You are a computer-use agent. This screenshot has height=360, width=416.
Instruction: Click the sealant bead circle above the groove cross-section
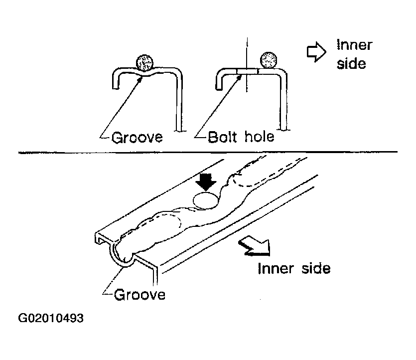click(144, 63)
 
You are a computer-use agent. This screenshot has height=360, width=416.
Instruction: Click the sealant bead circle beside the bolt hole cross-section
click(269, 60)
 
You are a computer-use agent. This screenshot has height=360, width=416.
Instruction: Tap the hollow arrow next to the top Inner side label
click(316, 52)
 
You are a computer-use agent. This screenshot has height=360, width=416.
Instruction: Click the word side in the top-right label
click(351, 63)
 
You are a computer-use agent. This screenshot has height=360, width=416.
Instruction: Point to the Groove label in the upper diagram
click(137, 137)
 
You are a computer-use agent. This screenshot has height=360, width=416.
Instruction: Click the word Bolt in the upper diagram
click(223, 137)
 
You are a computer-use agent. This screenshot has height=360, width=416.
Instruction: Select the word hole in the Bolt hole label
click(259, 137)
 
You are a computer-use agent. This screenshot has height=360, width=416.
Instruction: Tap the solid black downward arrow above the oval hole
click(206, 182)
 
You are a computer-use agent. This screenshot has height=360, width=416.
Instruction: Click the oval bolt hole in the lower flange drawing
click(206, 200)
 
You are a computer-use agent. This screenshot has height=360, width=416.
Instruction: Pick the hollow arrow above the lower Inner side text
click(255, 247)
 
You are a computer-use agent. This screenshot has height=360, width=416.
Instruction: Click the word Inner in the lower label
click(276, 268)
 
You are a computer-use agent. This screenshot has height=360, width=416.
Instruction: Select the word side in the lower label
click(316, 268)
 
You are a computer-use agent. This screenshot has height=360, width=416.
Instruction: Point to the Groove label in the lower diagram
click(139, 294)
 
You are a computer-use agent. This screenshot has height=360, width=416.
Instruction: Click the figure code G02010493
click(51, 318)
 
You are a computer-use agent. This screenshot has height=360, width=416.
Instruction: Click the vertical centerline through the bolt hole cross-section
click(247, 64)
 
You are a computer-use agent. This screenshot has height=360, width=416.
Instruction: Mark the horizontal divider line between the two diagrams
click(208, 152)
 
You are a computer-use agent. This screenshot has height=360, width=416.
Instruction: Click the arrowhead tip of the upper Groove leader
click(140, 77)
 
